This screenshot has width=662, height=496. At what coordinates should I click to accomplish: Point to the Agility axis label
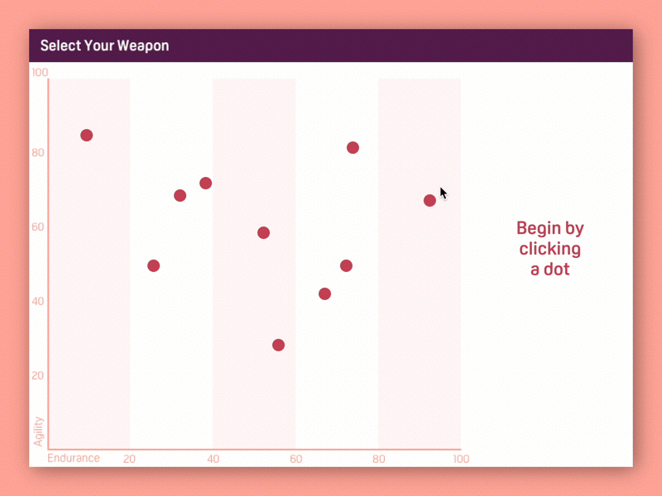tap(39, 432)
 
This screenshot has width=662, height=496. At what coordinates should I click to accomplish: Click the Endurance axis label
tap(74, 458)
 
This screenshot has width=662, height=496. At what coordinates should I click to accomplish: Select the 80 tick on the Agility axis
tap(38, 152)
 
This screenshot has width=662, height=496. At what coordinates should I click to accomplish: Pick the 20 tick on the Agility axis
tap(37, 375)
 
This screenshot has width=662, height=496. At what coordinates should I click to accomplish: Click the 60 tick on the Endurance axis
tap(296, 459)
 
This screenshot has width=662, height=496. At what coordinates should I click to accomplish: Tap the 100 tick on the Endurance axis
tap(461, 459)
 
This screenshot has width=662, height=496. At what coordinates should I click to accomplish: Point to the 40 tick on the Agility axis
tap(37, 301)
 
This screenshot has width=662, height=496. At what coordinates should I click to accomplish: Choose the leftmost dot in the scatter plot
tap(87, 136)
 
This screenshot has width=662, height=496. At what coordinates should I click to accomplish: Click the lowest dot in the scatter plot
tap(278, 345)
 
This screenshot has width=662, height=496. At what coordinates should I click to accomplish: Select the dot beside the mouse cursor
tap(429, 200)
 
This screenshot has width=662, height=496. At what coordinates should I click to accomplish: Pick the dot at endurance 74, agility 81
tap(353, 148)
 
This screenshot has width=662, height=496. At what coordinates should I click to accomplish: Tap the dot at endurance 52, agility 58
tap(263, 233)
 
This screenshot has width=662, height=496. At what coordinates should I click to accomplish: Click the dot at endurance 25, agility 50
tap(154, 265)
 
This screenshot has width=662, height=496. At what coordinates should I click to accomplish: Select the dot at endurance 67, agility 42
tap(324, 294)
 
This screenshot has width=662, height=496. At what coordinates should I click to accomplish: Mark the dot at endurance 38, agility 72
tap(205, 183)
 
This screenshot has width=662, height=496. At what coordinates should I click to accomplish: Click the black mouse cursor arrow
tap(443, 193)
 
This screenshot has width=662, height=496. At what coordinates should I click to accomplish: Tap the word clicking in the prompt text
tap(550, 250)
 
